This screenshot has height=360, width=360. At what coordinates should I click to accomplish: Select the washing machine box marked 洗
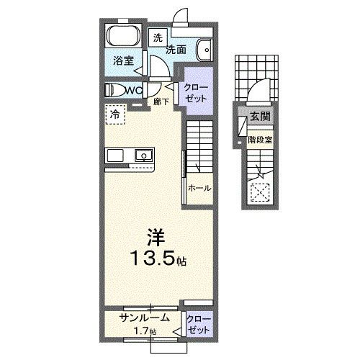(157, 37)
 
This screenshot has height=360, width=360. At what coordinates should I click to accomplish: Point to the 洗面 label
(177, 50)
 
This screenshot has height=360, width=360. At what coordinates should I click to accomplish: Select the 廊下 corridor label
(162, 102)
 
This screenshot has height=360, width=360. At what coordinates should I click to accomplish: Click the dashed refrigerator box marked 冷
(115, 114)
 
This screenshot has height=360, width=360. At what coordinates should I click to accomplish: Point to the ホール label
(199, 188)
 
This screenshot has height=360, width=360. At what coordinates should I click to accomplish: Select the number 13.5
(150, 258)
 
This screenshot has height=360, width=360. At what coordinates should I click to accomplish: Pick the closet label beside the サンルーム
(194, 323)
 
